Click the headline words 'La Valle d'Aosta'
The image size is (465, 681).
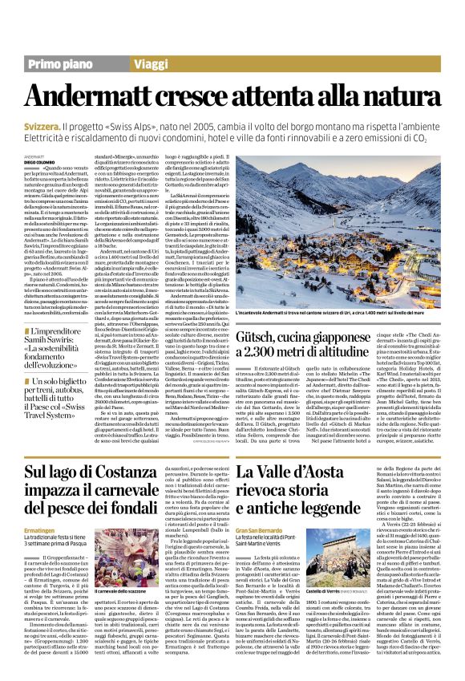(286, 469)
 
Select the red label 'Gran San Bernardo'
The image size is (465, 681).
(257, 531)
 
